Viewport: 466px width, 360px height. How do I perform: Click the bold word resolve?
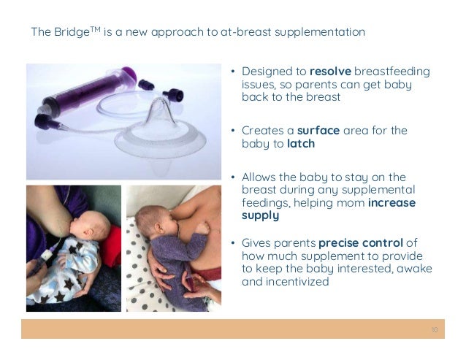click(x=331, y=72)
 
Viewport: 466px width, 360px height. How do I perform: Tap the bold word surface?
click(x=318, y=131)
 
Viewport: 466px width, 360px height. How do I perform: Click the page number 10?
click(x=435, y=330)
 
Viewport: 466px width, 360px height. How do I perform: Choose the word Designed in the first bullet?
click(x=266, y=72)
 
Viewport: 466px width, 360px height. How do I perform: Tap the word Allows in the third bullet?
click(x=260, y=177)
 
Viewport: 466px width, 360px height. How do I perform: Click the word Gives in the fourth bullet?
click(x=256, y=242)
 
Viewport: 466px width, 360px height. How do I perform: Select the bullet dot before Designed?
click(x=232, y=72)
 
